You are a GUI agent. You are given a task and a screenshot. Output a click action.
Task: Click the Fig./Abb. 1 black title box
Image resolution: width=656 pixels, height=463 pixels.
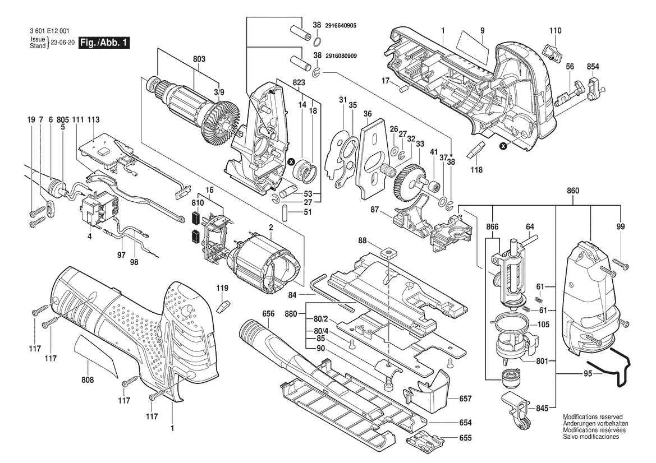pyautogui.click(x=104, y=43)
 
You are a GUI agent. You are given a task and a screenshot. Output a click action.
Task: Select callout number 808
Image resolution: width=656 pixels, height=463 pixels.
pyautogui.click(x=88, y=379)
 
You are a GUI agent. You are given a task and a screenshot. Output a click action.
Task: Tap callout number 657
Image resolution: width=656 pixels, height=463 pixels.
pyautogui.click(x=465, y=399)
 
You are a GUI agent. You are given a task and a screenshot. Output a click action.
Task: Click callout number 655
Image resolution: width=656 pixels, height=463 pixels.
pyautogui.click(x=465, y=438)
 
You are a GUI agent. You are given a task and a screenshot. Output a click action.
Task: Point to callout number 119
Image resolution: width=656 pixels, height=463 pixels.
pyautogui.click(x=223, y=288)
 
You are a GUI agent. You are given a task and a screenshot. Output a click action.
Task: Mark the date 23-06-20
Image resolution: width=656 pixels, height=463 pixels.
pyautogui.click(x=62, y=43)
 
